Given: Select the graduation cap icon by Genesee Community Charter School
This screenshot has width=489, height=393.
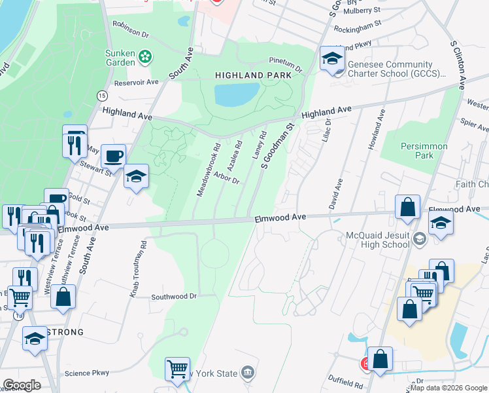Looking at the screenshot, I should click(x=331, y=59).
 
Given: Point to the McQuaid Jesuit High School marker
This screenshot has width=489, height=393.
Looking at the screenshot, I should click(x=420, y=240).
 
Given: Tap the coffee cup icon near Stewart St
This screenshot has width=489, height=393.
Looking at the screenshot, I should click(x=113, y=157).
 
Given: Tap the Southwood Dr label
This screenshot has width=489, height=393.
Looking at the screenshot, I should click(x=174, y=297).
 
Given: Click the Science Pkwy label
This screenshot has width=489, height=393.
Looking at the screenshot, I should click(x=87, y=373).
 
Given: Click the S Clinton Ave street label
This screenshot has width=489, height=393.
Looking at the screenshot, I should click(x=458, y=64).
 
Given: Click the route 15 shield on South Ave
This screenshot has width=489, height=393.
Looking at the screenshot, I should click(x=102, y=96).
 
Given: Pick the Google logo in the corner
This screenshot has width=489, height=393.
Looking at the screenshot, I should click(x=22, y=385).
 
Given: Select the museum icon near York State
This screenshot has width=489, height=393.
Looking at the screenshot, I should click(x=247, y=373).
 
